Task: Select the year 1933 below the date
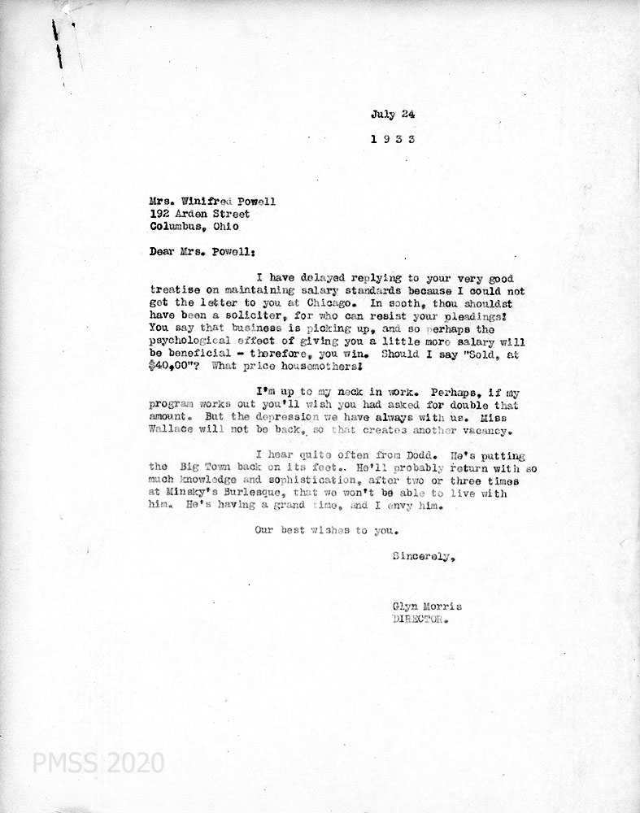click(393, 139)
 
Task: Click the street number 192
click(160, 214)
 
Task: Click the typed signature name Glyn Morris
click(421, 606)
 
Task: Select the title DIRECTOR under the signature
click(420, 619)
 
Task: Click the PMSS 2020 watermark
click(98, 763)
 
